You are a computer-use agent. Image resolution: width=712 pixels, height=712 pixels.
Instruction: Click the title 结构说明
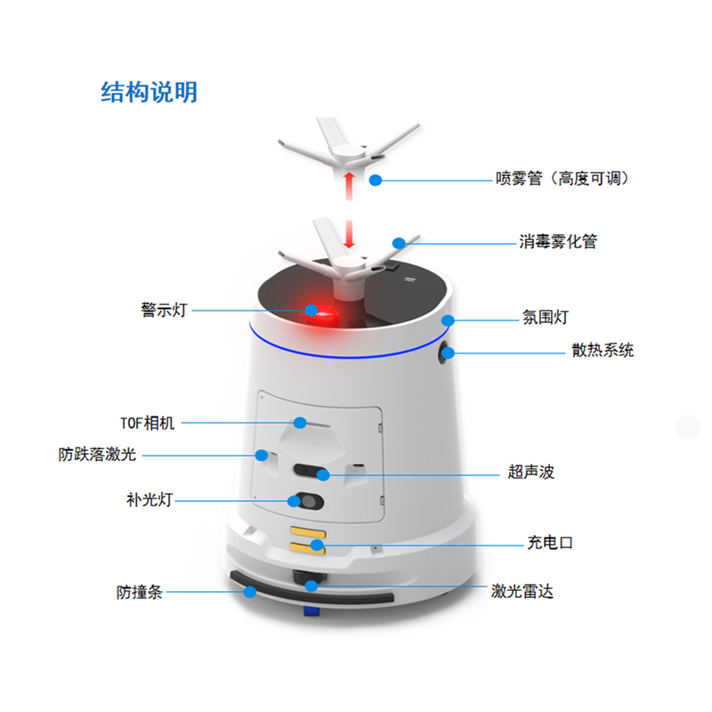click(149, 93)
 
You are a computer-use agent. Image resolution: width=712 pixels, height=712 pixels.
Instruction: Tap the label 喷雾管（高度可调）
click(562, 179)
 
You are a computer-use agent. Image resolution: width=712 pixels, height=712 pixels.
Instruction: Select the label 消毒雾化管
click(558, 241)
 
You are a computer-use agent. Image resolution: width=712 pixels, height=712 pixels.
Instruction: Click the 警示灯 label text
click(164, 310)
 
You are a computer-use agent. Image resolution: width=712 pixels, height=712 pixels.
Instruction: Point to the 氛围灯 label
click(546, 317)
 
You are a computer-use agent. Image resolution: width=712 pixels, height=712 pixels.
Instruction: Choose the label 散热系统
click(603, 350)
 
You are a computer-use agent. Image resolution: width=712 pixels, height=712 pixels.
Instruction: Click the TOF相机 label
click(147, 424)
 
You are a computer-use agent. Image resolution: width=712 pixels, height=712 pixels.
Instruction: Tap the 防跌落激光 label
click(97, 454)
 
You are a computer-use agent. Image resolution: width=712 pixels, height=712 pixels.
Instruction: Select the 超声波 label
click(530, 472)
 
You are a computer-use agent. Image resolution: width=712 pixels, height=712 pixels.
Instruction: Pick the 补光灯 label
click(150, 500)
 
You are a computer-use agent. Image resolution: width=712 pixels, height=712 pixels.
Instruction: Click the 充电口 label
click(550, 543)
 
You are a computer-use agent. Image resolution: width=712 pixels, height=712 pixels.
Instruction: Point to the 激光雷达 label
click(522, 591)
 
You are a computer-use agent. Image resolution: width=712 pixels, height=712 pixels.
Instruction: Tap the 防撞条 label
click(140, 592)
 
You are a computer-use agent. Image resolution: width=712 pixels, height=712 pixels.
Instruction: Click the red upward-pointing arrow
click(349, 186)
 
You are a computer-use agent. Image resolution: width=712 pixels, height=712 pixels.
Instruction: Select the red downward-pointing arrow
click(349, 234)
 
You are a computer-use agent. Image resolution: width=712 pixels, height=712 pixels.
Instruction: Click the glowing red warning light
click(321, 314)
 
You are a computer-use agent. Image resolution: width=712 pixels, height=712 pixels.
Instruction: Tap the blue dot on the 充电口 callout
click(317, 545)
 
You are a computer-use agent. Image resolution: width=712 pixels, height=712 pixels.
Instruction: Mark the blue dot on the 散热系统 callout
click(449, 352)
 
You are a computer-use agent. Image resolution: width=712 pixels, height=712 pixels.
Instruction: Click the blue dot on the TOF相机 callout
click(300, 423)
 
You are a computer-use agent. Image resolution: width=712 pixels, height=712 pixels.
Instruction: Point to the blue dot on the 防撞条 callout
click(250, 592)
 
